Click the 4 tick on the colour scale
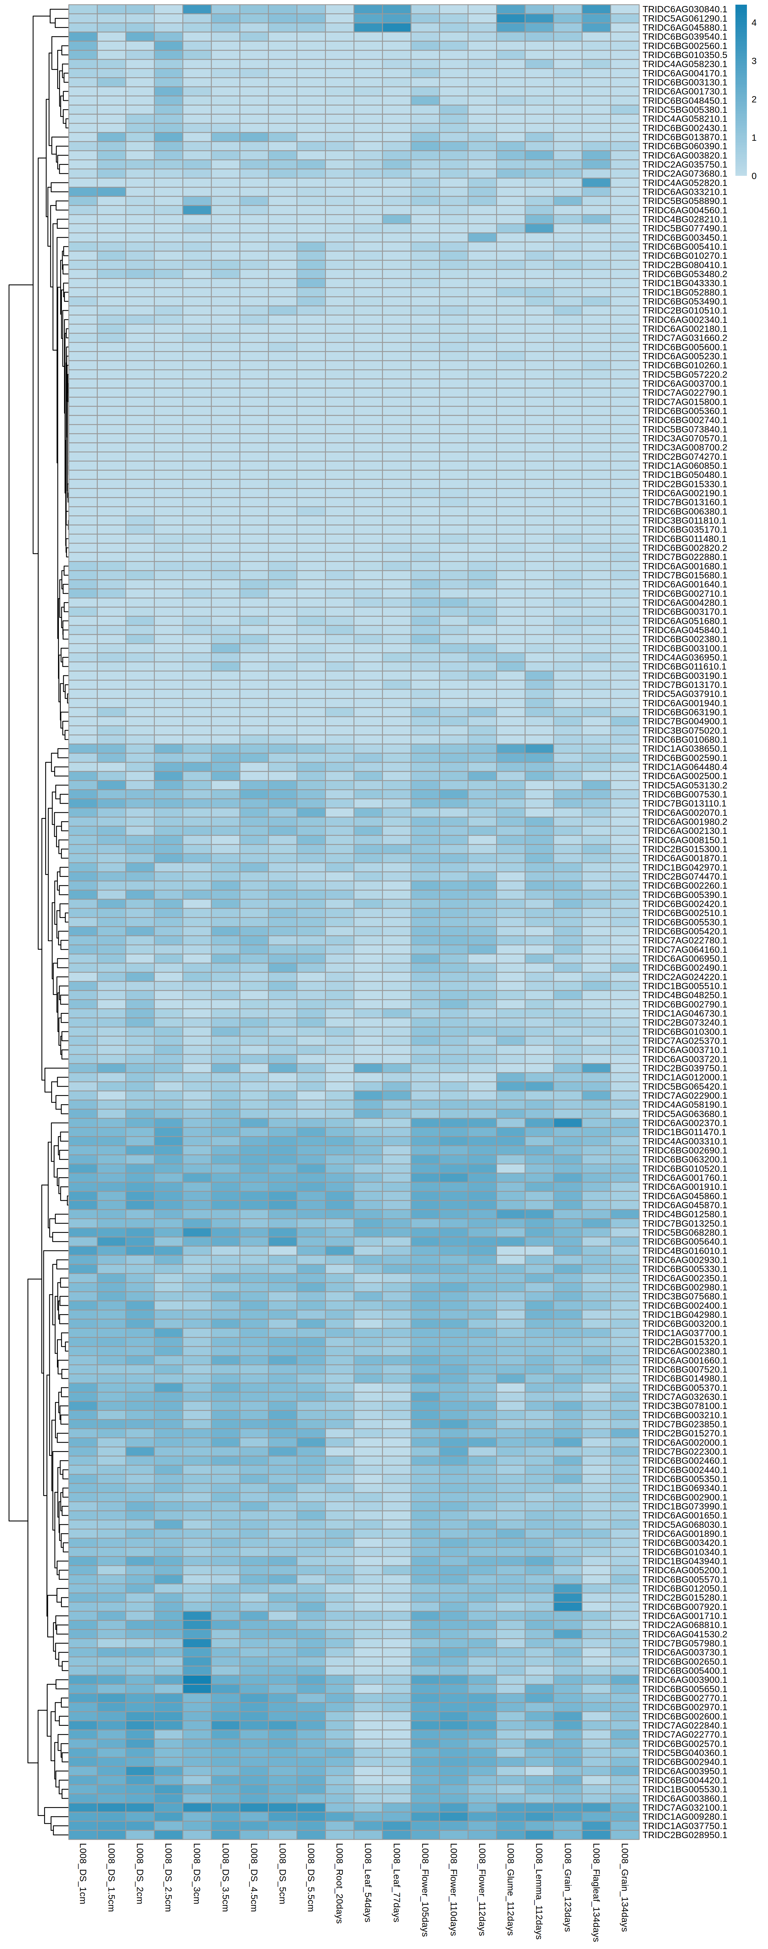tap(753, 23)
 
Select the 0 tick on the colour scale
tap(753, 176)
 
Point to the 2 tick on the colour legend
tap(753, 99)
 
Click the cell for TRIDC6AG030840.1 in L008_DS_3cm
tap(197, 9)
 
